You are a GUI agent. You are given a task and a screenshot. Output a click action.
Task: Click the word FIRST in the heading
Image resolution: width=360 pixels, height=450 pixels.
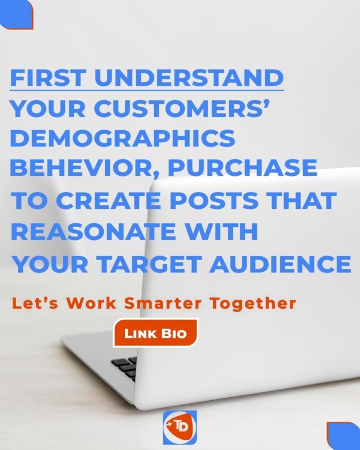click(48, 78)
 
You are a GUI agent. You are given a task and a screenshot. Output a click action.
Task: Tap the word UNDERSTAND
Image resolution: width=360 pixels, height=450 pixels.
click(189, 78)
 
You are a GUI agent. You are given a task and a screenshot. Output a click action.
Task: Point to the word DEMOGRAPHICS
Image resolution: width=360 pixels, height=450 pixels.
click(123, 139)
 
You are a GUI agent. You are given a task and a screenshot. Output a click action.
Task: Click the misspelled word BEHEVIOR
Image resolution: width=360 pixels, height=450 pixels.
click(83, 169)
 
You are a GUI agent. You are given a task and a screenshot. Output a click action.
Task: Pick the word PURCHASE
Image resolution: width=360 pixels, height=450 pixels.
click(242, 168)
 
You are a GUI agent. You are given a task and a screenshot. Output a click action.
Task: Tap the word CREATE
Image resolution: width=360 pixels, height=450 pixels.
click(108, 200)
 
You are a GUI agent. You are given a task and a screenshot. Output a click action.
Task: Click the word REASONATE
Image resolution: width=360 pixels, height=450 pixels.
click(93, 232)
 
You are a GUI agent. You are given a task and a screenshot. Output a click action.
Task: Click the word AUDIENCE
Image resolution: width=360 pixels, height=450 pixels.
click(280, 264)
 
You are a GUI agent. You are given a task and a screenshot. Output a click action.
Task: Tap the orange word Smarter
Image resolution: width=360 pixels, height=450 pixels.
click(163, 304)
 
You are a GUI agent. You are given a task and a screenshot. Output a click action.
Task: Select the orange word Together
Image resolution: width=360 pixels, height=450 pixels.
click(253, 304)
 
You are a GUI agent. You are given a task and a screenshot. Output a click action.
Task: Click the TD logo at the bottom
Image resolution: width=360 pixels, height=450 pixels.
click(180, 427)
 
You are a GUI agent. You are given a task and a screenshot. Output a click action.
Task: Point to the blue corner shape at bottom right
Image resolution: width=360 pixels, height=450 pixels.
click(343, 436)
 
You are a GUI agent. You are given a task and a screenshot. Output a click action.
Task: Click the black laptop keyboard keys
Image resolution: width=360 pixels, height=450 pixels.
click(125, 368)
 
